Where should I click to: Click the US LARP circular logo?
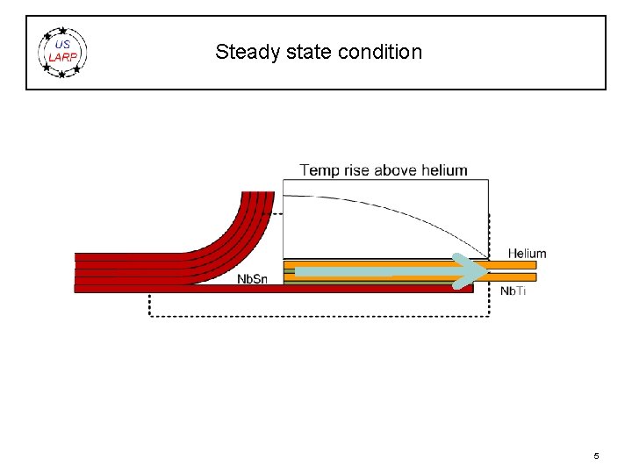(x=63, y=53)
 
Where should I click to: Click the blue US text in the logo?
(x=62, y=45)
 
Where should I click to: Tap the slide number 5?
(x=596, y=456)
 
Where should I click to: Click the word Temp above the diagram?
(x=319, y=170)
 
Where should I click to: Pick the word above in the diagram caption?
(x=395, y=170)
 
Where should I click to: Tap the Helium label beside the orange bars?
(x=527, y=254)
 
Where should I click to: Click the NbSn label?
(x=253, y=280)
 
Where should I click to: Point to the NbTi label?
(x=513, y=291)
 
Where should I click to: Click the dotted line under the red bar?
(x=316, y=316)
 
